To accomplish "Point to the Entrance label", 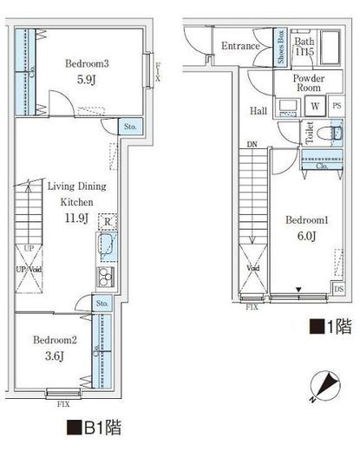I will (x=240, y=46).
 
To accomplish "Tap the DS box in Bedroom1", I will (x=338, y=290).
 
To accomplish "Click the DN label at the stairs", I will (x=252, y=145).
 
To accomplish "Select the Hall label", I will (x=259, y=111).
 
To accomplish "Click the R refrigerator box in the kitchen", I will (x=106, y=221).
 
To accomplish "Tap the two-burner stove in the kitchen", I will (x=104, y=278).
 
